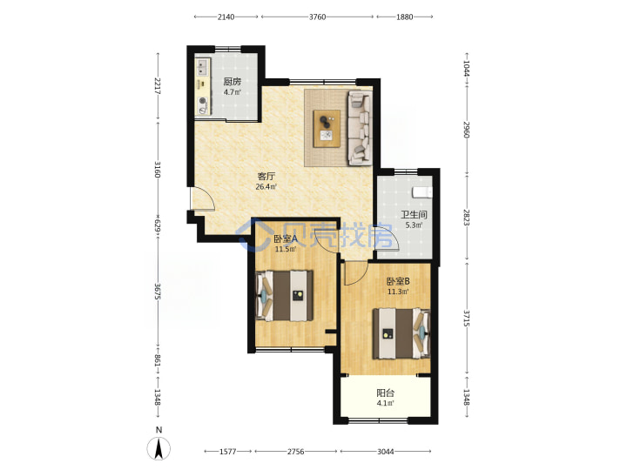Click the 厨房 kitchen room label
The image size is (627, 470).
click(x=232, y=82)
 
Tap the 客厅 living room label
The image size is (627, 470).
click(x=266, y=176)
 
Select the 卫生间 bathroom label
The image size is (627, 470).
click(x=414, y=215)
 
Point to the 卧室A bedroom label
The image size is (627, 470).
click(x=286, y=239)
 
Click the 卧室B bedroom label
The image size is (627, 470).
click(x=398, y=281)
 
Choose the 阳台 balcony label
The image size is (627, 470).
click(x=385, y=393)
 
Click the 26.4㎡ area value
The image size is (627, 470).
click(x=266, y=186)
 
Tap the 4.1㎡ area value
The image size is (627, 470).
click(x=385, y=403)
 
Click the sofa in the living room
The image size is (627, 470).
click(x=360, y=128)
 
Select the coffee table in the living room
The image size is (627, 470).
click(x=327, y=129)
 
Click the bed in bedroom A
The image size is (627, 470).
click(x=284, y=296)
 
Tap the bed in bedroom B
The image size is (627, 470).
click(x=401, y=333)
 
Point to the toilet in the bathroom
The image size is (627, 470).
click(x=421, y=192)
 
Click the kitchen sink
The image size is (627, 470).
click(x=202, y=67)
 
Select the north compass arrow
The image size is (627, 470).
click(x=158, y=448)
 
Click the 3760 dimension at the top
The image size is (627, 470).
click(x=318, y=17)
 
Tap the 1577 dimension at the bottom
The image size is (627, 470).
click(x=228, y=452)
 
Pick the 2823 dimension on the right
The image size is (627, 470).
click(x=466, y=217)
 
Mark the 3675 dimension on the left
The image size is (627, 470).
click(x=158, y=292)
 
